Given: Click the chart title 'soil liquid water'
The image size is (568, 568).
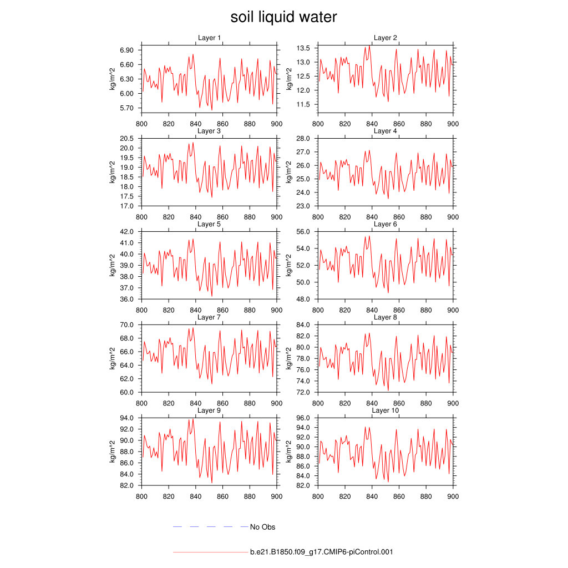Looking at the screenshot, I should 283,18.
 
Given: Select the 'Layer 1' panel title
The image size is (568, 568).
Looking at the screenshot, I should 209,38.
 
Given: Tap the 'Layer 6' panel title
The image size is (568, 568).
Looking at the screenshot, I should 385,224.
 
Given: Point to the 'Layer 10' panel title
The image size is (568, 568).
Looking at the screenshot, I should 385,410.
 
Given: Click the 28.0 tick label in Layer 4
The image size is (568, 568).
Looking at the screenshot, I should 306,138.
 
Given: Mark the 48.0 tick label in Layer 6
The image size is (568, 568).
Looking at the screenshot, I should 306,299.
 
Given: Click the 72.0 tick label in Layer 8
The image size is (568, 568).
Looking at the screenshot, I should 306,392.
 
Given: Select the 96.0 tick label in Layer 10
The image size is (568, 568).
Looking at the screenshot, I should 306,418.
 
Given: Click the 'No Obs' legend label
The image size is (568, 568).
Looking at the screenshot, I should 262,527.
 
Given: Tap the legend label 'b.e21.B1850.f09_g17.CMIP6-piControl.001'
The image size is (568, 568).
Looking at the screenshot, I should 322,552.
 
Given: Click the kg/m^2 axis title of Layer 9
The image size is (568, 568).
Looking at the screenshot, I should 112,452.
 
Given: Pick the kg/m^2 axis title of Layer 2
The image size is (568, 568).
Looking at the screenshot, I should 289,79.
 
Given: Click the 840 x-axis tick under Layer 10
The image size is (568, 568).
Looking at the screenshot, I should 372,496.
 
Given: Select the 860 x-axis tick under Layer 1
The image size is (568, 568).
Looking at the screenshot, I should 222,124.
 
